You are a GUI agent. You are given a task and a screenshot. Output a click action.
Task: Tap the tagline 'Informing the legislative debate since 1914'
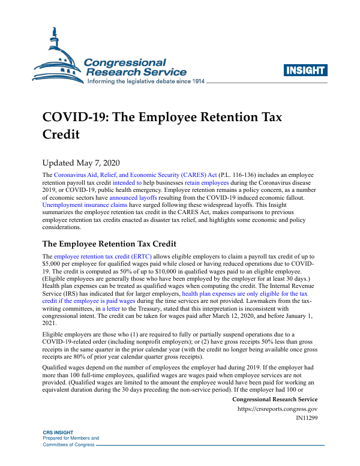pos(146,82)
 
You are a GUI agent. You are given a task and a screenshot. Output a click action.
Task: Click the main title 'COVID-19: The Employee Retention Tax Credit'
pos(162,125)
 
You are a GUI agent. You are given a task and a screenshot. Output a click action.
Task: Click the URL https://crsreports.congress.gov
pos(278,409)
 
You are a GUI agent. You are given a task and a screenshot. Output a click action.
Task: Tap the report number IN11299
pos(307,418)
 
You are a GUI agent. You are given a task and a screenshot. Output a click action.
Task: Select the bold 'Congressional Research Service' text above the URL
pos(274,399)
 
